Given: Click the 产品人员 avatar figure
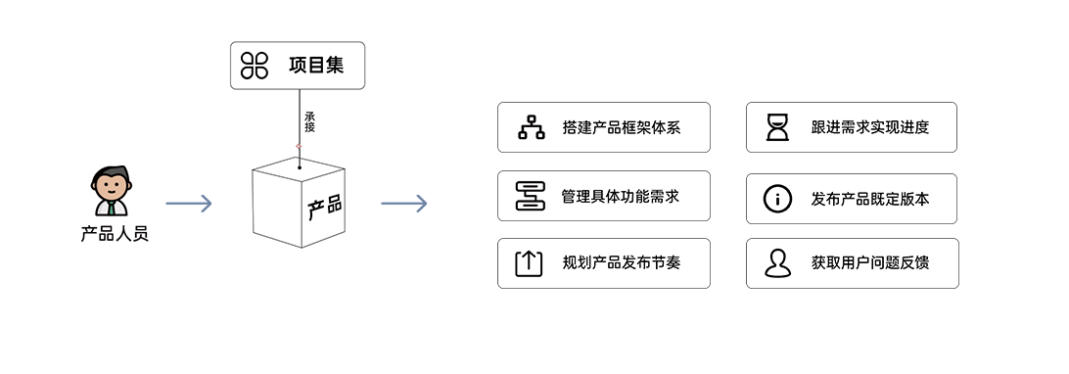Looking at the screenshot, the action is (111, 192).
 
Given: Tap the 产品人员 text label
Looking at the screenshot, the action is (115, 235).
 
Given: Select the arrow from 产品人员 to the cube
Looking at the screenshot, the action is (189, 203).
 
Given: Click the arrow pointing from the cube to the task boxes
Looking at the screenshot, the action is (403, 203).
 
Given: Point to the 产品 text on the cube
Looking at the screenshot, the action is (325, 208).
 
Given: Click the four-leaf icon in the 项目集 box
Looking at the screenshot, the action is (255, 66).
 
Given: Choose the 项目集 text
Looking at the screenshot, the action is (316, 66).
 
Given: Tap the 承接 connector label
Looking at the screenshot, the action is (310, 122).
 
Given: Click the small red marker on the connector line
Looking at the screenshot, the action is (299, 146).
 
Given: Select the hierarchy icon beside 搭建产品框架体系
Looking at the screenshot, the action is (532, 127).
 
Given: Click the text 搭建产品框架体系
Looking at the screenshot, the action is (622, 127).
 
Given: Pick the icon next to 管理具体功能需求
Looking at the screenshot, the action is (531, 196).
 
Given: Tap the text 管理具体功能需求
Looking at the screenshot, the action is (621, 196).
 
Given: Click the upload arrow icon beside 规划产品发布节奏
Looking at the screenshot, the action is (529, 263).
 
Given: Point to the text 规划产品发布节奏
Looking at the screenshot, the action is (622, 263).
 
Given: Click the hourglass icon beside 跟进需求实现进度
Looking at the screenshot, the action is (778, 127).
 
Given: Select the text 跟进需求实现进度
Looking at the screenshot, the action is (870, 127).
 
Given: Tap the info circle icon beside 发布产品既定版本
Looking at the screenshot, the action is (778, 199).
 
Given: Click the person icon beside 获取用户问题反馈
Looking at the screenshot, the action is (778, 263).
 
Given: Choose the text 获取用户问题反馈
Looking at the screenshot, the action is (870, 263).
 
